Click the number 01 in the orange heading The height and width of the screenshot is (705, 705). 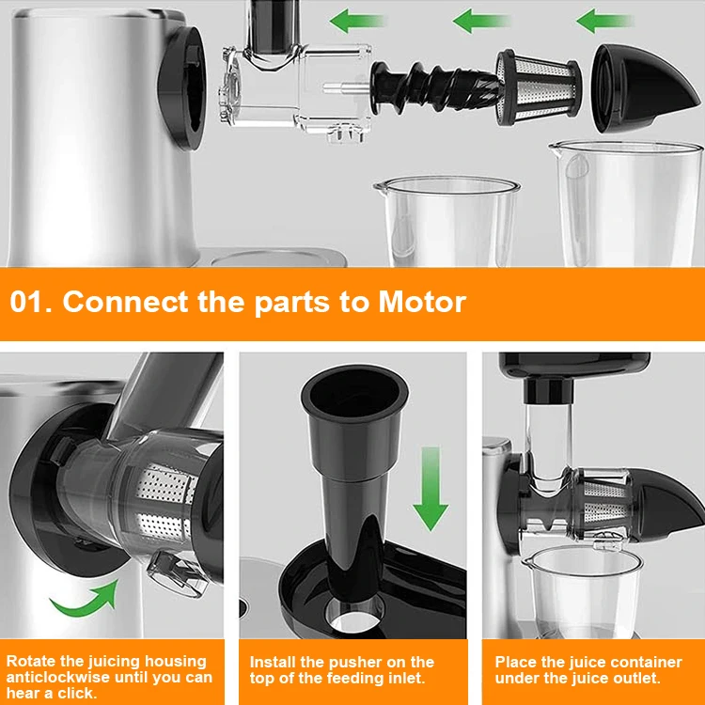tap(26, 301)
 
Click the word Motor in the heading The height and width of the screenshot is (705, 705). tap(422, 301)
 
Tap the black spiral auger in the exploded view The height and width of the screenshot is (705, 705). tap(435, 88)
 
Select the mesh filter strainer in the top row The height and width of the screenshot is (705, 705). tap(540, 87)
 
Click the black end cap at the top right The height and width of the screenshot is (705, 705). tap(643, 87)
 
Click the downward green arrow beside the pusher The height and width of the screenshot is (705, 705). tap(431, 489)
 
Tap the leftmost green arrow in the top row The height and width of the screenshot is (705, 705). tap(357, 21)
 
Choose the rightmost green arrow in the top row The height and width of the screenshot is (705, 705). tap(604, 21)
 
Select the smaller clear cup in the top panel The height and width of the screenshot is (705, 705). tap(447, 221)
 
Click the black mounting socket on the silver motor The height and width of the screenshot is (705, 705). tap(182, 88)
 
